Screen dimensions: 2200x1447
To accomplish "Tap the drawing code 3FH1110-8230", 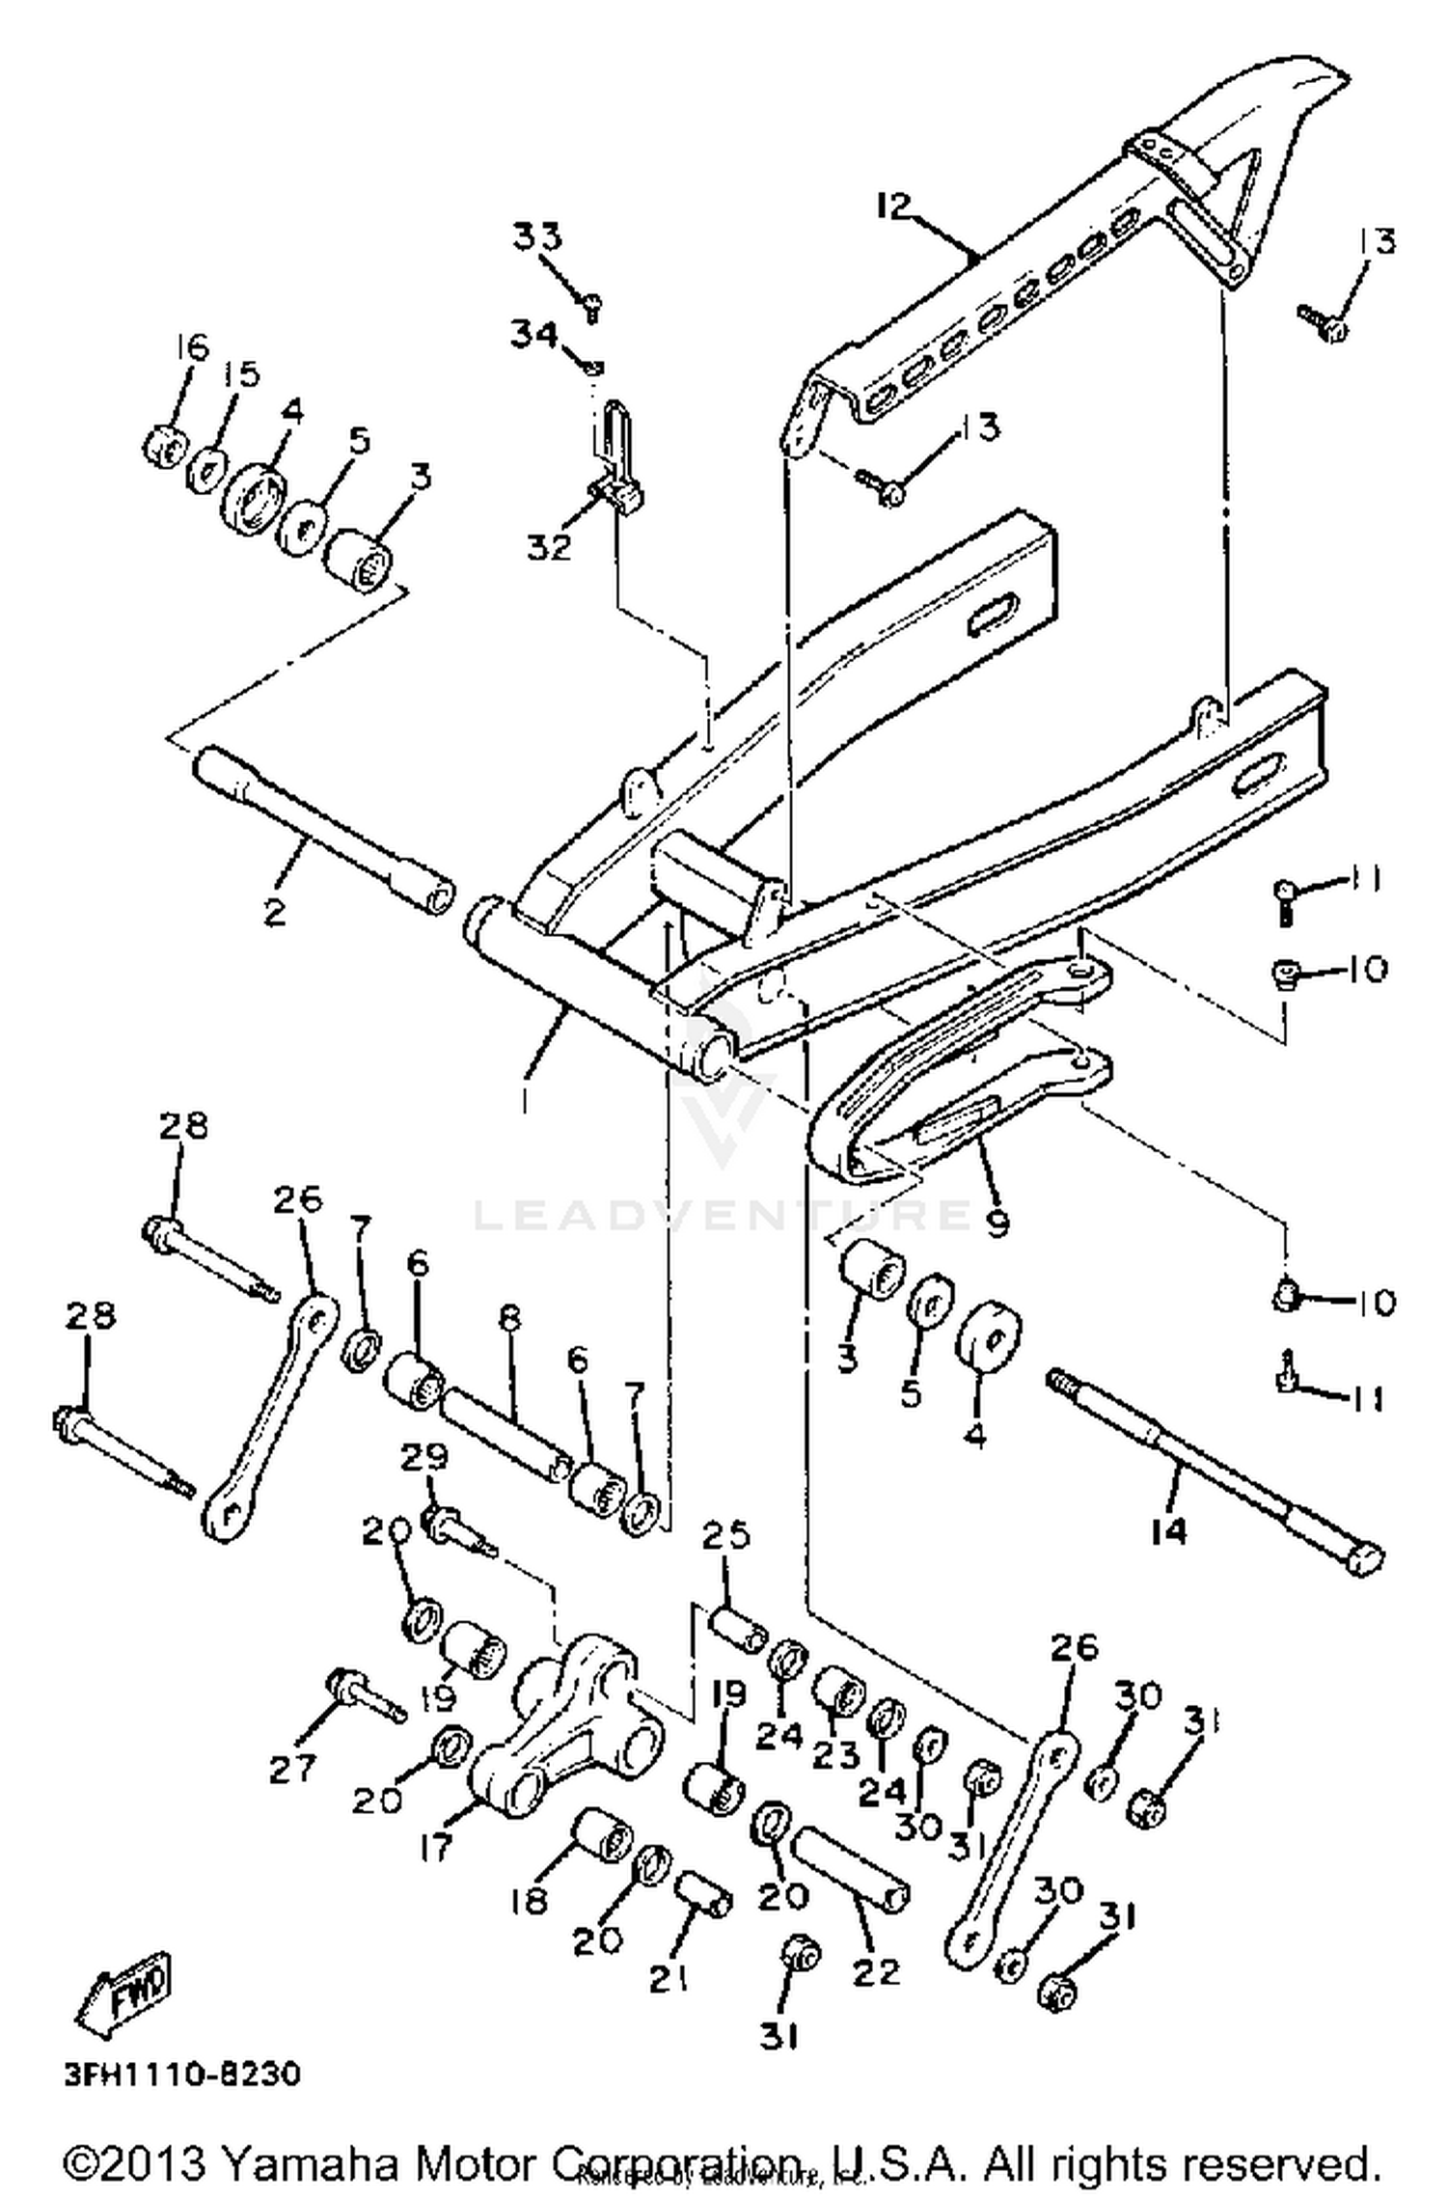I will click(182, 2073).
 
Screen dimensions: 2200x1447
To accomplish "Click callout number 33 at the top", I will click(537, 236).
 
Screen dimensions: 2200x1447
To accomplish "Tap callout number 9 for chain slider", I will click(997, 1223).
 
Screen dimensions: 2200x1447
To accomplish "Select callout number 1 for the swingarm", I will click(524, 1100).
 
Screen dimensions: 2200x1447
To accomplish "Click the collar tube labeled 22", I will click(850, 1869).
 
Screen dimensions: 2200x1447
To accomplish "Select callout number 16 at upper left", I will click(191, 347).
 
